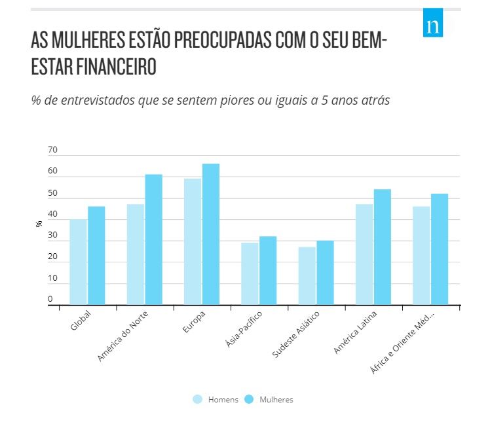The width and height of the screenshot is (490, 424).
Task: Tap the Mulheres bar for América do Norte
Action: pos(153,239)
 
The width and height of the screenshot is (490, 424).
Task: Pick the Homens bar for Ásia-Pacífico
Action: pos(250,274)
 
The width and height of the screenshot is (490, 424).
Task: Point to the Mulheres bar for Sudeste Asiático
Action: pos(325,272)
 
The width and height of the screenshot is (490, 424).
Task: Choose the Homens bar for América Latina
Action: pos(364,255)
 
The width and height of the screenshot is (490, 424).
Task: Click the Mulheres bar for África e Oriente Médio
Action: pos(439,249)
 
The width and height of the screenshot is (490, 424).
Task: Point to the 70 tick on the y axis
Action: pos(52,150)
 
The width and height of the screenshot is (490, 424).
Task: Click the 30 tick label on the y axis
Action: pos(52,236)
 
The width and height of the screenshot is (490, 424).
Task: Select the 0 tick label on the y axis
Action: pos(50,300)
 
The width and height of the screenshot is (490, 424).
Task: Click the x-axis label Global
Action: pos(81,321)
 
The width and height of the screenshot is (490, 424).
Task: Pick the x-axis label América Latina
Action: pos(354,333)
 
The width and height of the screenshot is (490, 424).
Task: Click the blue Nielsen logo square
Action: pos(432,23)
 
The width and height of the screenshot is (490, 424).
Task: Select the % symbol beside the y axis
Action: pos(39,224)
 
